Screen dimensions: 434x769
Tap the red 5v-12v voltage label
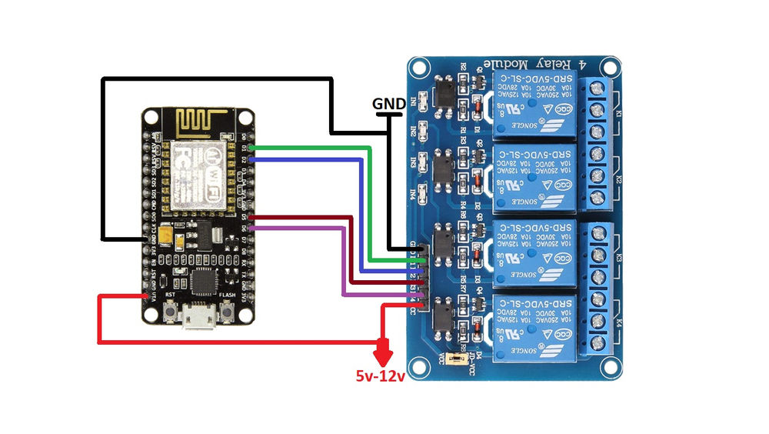point(380,376)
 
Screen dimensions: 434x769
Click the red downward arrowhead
point(382,356)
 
